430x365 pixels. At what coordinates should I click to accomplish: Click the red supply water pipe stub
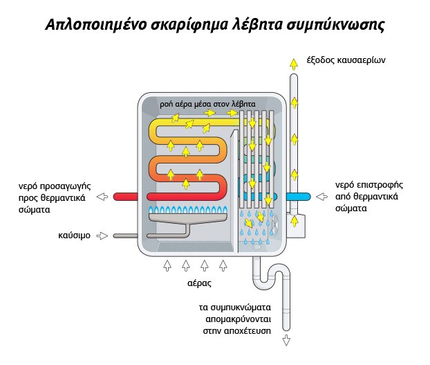[x=127, y=197]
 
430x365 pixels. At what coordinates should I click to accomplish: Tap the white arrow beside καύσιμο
[x=102, y=235]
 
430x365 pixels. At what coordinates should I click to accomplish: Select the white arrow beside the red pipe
[x=102, y=197]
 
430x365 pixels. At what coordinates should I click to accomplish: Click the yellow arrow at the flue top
[x=294, y=63]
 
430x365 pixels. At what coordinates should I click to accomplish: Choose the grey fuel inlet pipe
[x=127, y=235]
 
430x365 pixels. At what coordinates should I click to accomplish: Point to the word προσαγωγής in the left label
[x=64, y=186]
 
